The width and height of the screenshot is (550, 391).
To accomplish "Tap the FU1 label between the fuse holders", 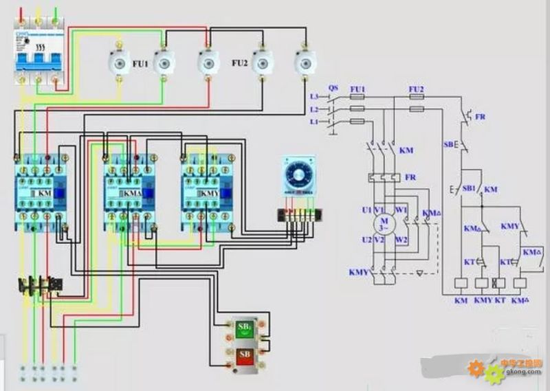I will pyautogui.click(x=140, y=63).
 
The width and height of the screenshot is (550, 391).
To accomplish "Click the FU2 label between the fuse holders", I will pyautogui.click(x=239, y=63).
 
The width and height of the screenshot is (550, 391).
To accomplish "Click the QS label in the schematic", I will pyautogui.click(x=333, y=88).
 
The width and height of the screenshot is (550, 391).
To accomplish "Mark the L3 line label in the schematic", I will pyautogui.click(x=315, y=97).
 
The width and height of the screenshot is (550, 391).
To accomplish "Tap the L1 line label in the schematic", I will pyautogui.click(x=315, y=121).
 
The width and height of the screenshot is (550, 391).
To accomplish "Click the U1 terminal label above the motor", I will pyautogui.click(x=366, y=208).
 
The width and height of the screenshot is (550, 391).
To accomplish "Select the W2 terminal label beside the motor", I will pyautogui.click(x=402, y=240).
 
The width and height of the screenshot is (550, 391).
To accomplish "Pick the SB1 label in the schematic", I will pyautogui.click(x=469, y=188).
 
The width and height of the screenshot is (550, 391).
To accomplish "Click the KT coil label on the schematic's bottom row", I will pyautogui.click(x=500, y=300).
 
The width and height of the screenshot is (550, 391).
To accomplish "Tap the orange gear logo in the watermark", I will pyautogui.click(x=476, y=368).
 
